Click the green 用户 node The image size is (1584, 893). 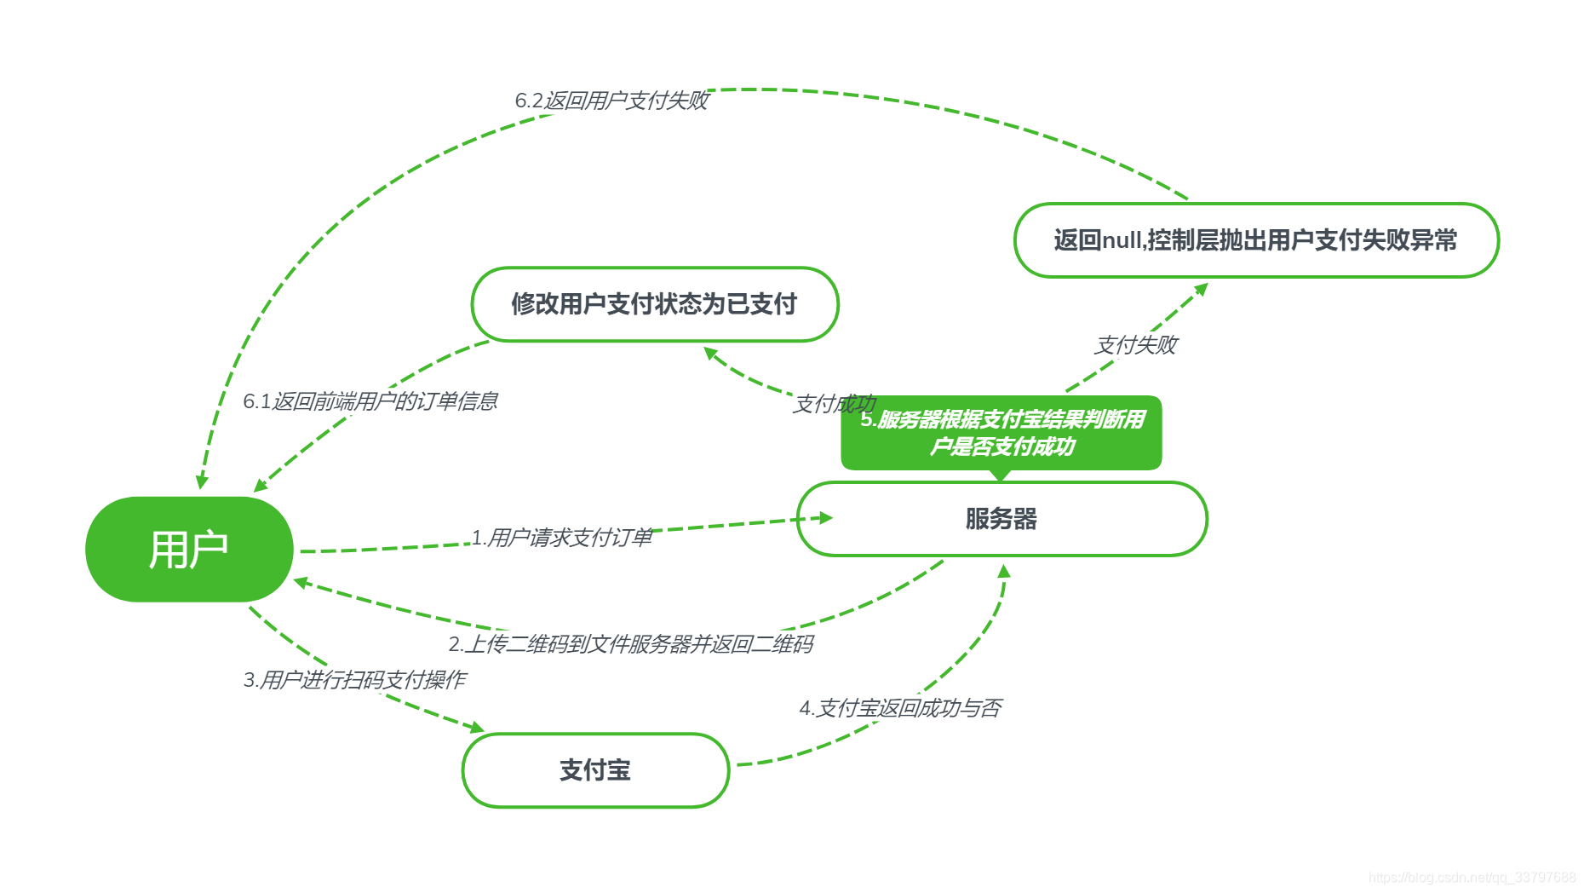(189, 549)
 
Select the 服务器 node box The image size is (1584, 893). (1001, 519)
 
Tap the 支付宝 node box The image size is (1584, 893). (595, 770)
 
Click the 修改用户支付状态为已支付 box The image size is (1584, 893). (654, 304)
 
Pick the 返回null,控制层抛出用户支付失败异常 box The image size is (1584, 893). (1255, 240)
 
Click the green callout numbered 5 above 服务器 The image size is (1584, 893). (1001, 433)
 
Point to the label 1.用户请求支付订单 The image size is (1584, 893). (562, 538)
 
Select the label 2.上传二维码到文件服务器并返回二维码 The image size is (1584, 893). (630, 644)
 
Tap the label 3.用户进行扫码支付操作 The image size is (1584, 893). (354, 680)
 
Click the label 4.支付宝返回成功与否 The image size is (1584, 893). (900, 708)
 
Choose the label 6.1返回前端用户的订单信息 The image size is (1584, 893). (370, 401)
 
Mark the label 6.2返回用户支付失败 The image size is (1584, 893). (611, 101)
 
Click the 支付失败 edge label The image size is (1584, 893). (1135, 345)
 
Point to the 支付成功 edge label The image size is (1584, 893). (834, 404)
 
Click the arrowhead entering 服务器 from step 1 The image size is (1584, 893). (824, 517)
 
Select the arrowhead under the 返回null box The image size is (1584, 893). (1201, 289)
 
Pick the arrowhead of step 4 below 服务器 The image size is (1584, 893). (1004, 572)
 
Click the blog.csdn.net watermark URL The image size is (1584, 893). (1472, 878)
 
